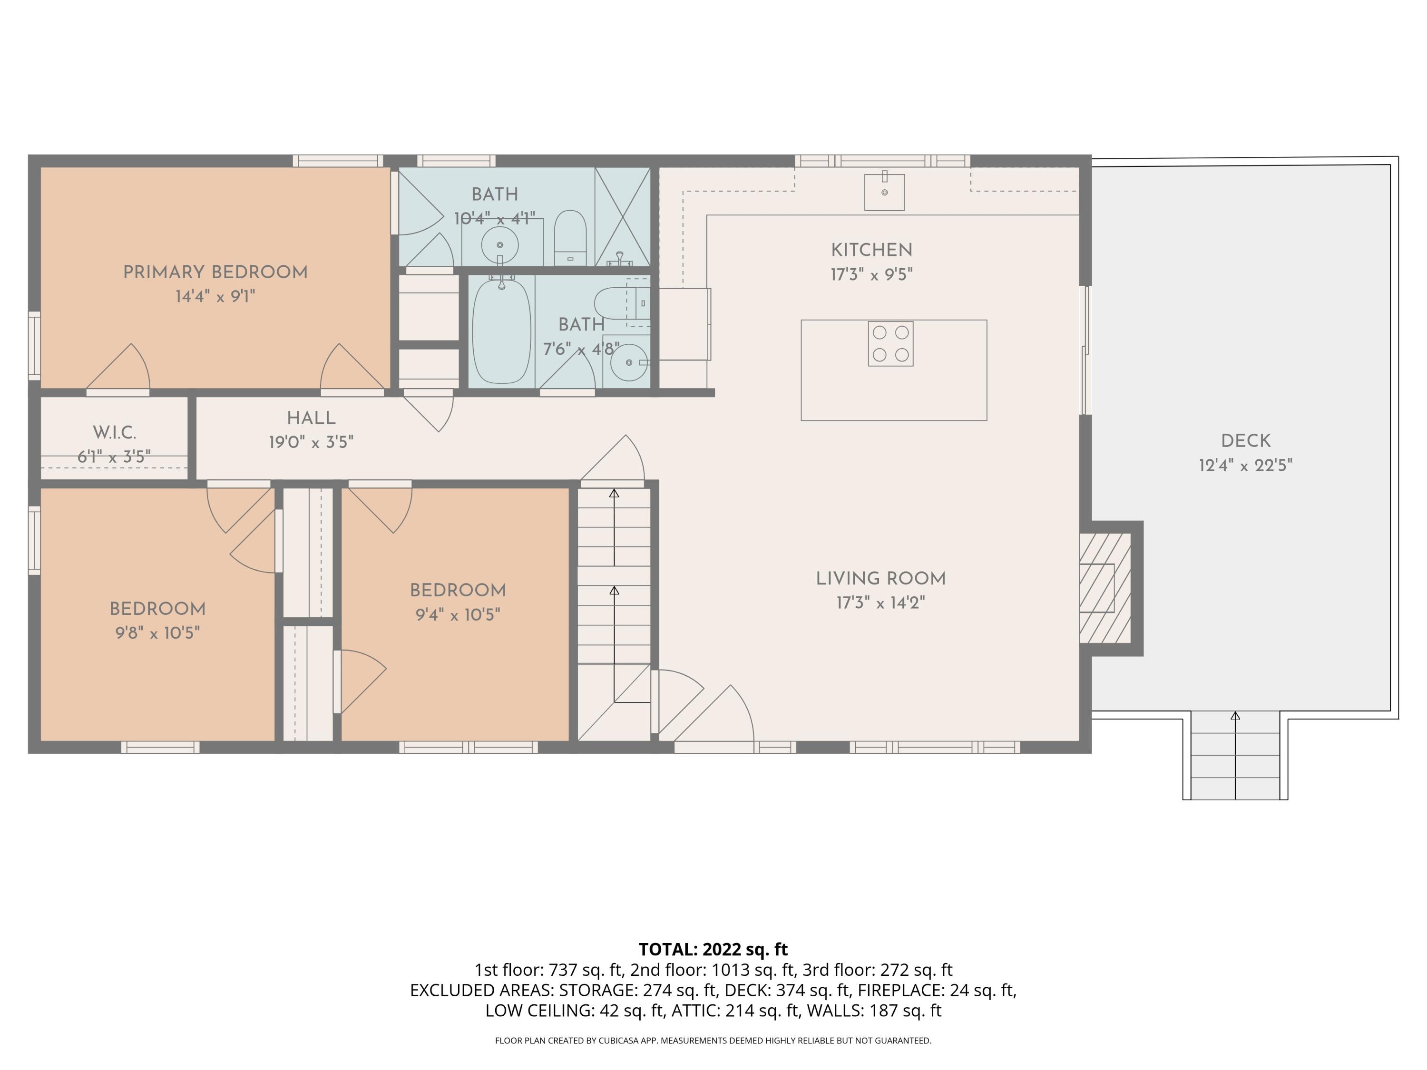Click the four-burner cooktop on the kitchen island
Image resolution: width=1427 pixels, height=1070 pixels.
click(890, 344)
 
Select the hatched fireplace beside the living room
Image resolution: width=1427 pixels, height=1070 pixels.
click(1104, 588)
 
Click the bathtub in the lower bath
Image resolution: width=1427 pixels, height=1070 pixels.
click(501, 331)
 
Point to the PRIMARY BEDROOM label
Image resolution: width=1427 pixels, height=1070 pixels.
click(215, 272)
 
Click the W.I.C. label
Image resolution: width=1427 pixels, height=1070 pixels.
click(114, 432)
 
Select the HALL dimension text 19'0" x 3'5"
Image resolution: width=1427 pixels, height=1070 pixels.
click(311, 442)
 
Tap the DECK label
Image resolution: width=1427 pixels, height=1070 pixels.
click(1245, 441)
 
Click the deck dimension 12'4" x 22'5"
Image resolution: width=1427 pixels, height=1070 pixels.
click(1245, 466)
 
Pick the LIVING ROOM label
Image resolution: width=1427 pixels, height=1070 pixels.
click(880, 579)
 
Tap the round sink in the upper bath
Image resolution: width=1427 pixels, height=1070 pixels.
click(499, 245)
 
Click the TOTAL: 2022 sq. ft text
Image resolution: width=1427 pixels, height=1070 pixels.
click(713, 949)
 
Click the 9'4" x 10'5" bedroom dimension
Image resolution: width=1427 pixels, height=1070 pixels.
click(458, 614)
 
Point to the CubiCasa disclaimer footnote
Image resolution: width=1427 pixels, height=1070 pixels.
click(713, 1041)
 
